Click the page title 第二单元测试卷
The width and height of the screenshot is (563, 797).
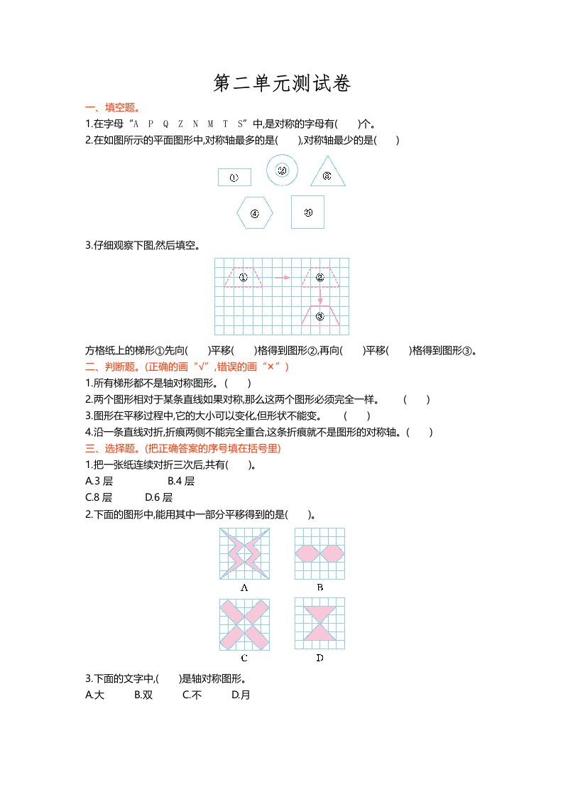pyautogui.click(x=282, y=84)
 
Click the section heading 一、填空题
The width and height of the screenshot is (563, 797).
pyautogui.click(x=112, y=108)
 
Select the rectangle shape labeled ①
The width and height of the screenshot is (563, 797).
pyautogui.click(x=234, y=178)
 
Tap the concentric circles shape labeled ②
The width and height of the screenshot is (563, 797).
pyautogui.click(x=282, y=170)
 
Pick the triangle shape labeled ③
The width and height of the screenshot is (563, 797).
pyautogui.click(x=327, y=175)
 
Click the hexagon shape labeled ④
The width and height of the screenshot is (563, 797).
pyautogui.click(x=254, y=212)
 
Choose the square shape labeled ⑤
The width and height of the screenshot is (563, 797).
pyautogui.click(x=307, y=212)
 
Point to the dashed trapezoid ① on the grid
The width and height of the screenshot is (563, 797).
pyautogui.click(x=243, y=278)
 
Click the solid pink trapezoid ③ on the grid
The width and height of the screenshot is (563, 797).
pyautogui.click(x=320, y=316)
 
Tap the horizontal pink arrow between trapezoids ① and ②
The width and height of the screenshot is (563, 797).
pyautogui.click(x=282, y=278)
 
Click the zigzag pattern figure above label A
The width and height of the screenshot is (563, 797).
pyautogui.click(x=244, y=553)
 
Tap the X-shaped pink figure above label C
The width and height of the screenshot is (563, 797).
pyautogui.click(x=244, y=624)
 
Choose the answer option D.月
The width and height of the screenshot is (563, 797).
pyautogui.click(x=241, y=695)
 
